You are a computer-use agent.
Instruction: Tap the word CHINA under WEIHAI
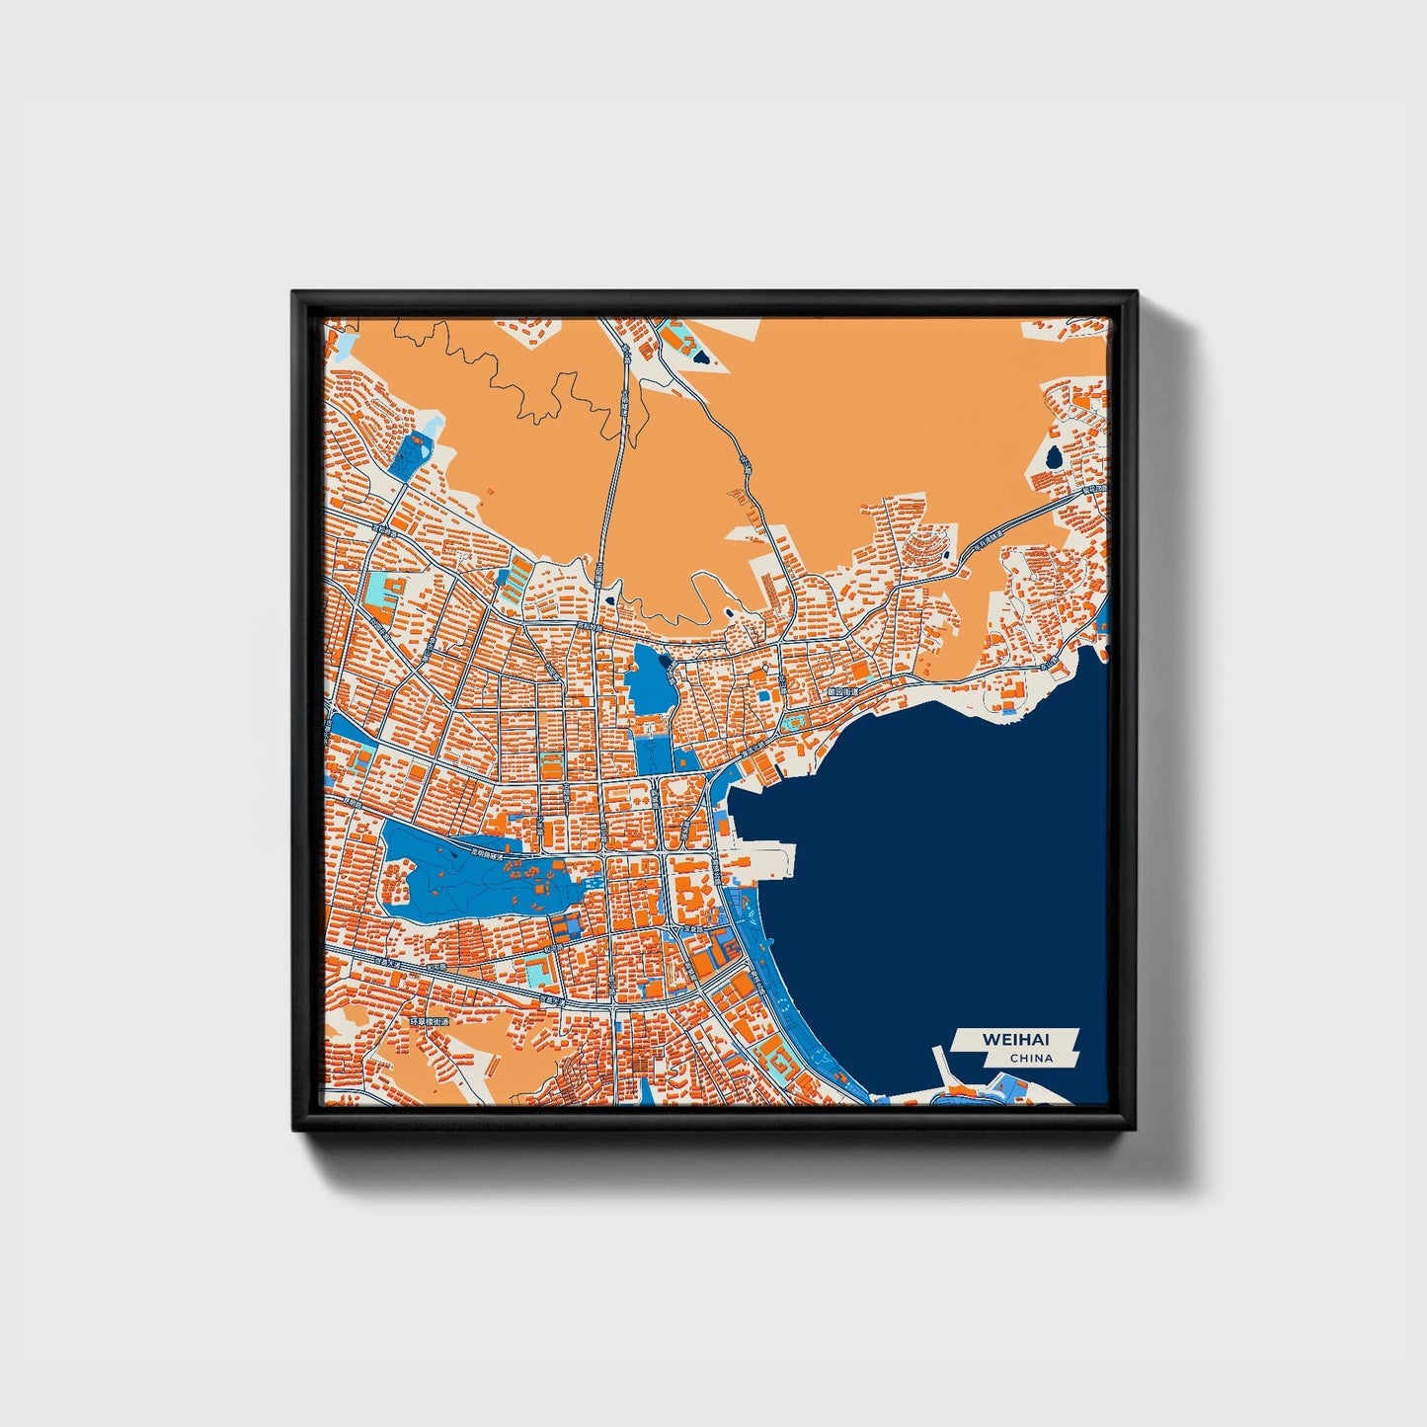tap(1031, 1059)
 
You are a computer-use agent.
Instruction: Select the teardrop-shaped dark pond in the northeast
tap(1054, 457)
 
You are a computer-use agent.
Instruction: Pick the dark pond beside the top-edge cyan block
tap(700, 356)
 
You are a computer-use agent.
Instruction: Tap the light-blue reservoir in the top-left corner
tap(344, 345)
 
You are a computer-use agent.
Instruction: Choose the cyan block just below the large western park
tap(537, 972)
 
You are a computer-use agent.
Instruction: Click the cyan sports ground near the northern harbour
tap(791, 723)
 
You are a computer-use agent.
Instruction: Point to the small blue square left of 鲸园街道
tap(764, 696)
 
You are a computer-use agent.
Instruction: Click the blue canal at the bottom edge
tap(646, 1091)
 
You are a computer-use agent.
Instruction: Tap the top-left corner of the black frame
tap(294, 293)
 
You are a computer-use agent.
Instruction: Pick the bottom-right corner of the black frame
tap(1136, 1129)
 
